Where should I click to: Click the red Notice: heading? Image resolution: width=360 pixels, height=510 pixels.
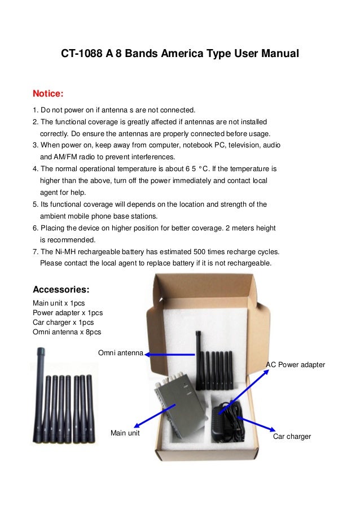pos(49,93)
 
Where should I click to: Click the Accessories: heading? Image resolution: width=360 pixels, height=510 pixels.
pos(61,290)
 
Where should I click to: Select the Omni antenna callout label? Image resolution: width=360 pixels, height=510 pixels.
pos(120,353)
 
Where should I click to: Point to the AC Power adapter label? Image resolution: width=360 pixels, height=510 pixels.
pos(295,365)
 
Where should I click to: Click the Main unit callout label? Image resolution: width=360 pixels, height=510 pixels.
pos(125,433)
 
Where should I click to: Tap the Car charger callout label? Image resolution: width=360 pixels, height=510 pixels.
pos(292,437)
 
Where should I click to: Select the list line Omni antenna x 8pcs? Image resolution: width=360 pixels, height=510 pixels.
pos(67,332)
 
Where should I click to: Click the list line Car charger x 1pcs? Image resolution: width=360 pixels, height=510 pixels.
pos(63,322)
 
